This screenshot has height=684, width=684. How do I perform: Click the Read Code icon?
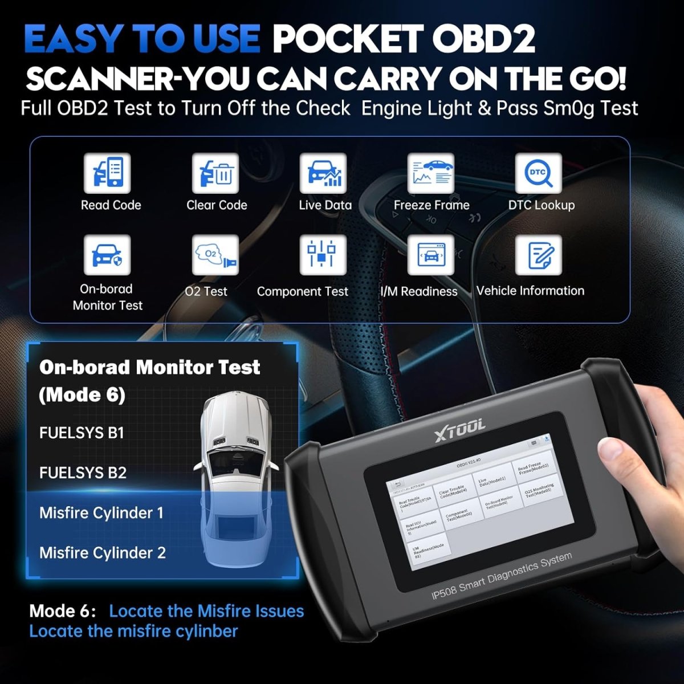(x=107, y=173)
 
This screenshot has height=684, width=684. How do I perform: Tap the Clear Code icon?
(x=215, y=173)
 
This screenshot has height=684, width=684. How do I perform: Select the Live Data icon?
(x=323, y=173)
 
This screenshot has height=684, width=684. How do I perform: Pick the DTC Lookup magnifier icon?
(x=539, y=173)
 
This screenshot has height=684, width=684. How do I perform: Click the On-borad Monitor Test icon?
(x=107, y=255)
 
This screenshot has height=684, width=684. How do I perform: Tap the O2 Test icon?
(x=215, y=255)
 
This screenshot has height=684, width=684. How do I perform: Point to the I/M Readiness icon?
(x=431, y=255)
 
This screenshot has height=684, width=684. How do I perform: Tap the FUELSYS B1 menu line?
(x=82, y=433)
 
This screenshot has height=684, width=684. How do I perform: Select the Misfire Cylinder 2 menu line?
(x=103, y=553)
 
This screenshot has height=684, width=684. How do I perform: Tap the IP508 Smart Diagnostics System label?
(x=502, y=576)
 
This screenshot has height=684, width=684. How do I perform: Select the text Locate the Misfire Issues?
(x=206, y=611)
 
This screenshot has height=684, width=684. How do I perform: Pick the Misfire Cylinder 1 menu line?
(x=101, y=513)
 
